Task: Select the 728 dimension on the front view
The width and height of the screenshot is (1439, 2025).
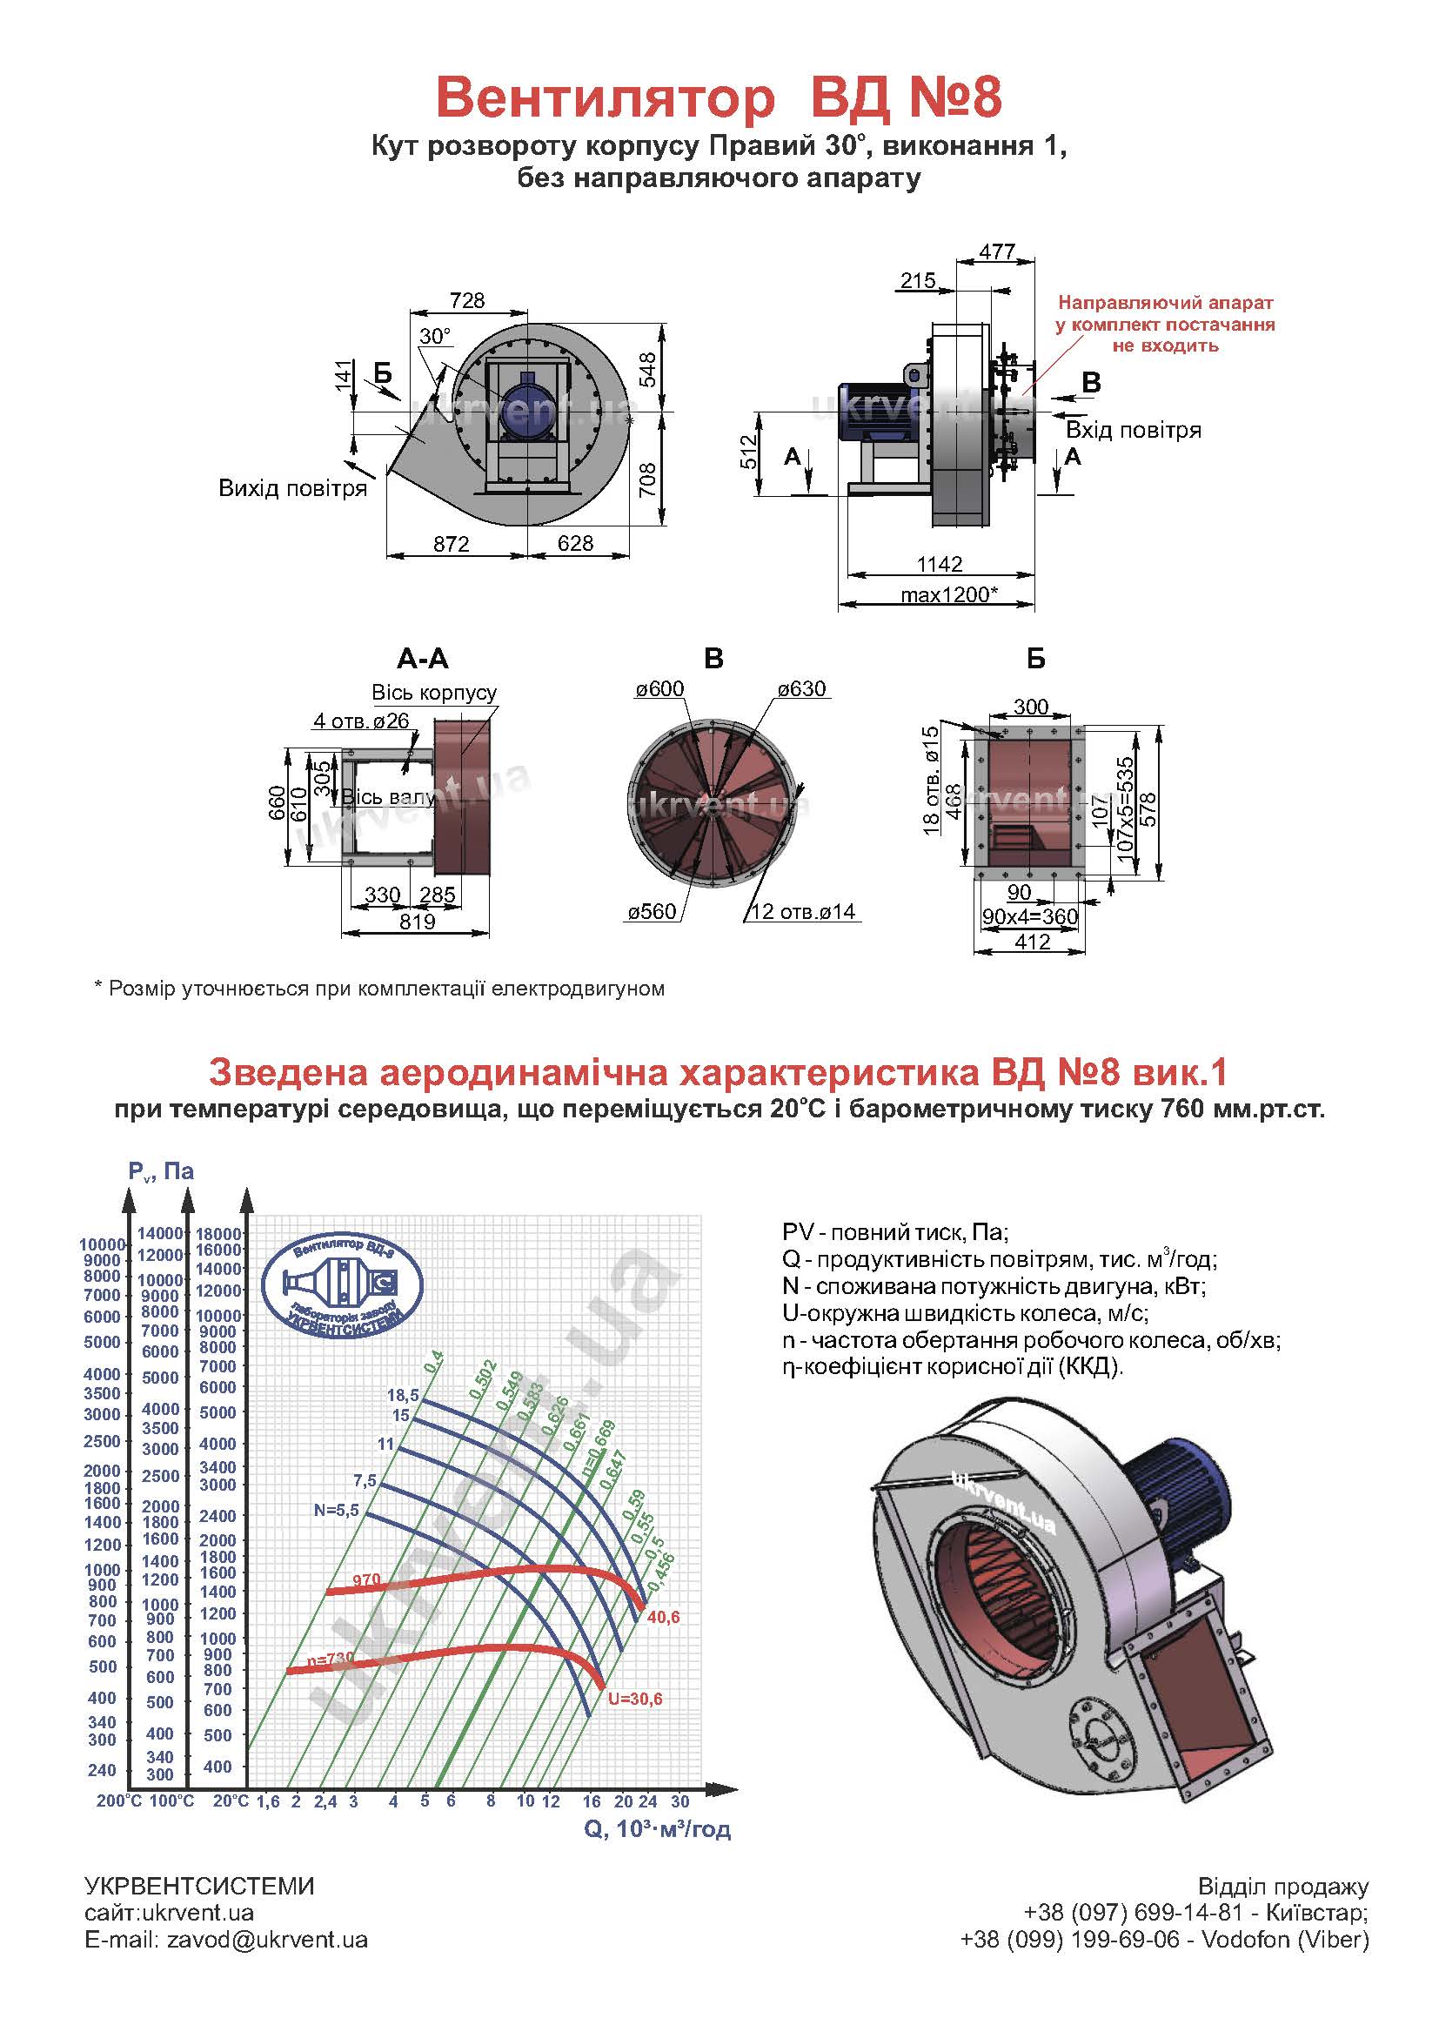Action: [x=467, y=300]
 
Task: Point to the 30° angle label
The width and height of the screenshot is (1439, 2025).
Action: [x=435, y=336]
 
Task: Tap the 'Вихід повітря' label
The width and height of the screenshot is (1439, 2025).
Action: [x=292, y=488]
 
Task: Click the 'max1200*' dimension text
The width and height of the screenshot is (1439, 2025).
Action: [x=949, y=594]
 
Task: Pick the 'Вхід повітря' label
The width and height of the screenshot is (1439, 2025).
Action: [x=1134, y=431]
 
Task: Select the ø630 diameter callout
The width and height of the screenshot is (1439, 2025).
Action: [x=802, y=688]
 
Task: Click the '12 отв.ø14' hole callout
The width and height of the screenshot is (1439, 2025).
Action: [x=803, y=911]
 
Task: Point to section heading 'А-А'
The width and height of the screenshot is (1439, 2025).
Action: [x=423, y=659]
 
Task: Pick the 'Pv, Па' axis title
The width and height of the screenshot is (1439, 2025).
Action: [x=160, y=1171]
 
